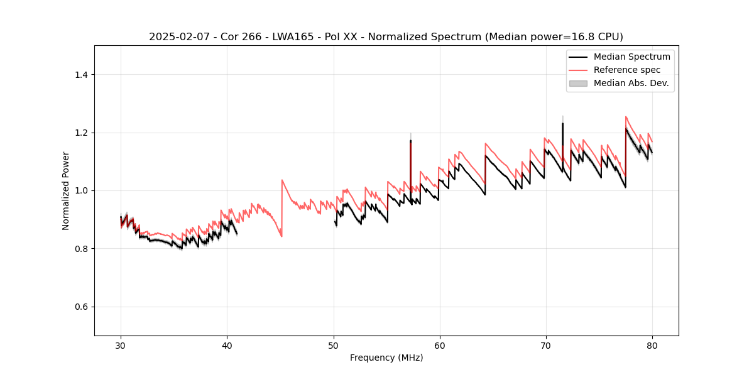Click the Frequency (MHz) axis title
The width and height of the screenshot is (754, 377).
(386, 358)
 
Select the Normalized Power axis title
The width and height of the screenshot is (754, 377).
(66, 190)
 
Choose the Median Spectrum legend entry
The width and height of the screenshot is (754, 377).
(631, 57)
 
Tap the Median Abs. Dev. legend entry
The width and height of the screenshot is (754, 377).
(631, 83)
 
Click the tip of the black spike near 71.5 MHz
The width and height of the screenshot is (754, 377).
(562, 123)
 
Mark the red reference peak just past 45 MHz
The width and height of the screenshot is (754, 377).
(282, 180)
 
